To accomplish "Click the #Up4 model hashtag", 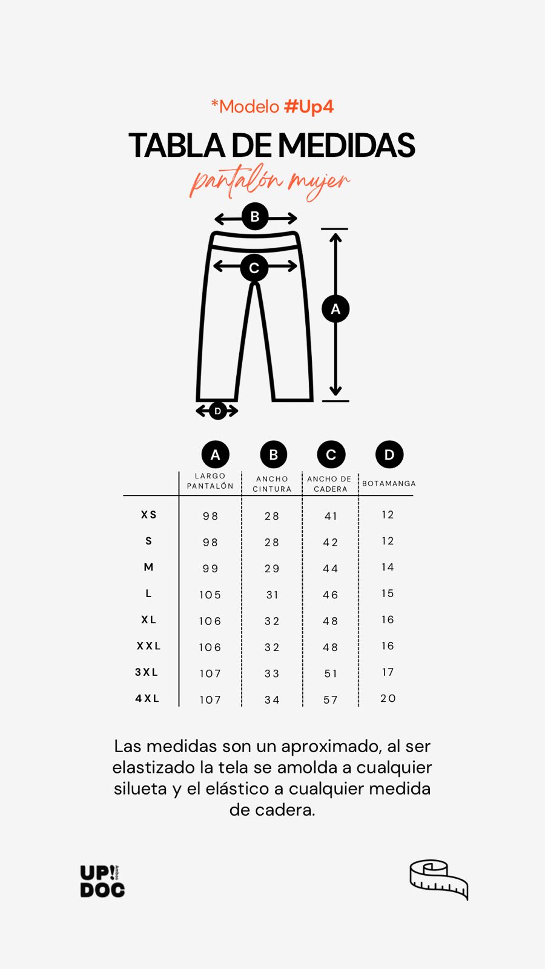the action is pos(309,107).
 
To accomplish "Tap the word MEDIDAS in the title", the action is pos(346,145).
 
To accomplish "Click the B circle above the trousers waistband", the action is pos(255,216).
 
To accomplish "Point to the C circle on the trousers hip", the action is pos(254,268).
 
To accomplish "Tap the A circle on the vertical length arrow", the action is pos(335,309).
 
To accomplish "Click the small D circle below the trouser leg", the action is pos(217,411).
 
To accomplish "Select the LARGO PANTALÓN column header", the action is pos(210,481).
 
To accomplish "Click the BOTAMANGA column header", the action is pos(389,483).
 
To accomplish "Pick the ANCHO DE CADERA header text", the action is pos(329,484).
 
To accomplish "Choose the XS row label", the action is pos(149,515).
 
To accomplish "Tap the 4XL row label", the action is pos(148,698).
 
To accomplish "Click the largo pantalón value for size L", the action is pos(210,595).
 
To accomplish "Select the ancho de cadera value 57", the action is pos(331,700).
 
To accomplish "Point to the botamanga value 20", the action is pos(388,698).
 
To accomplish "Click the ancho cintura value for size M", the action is pos(272,569).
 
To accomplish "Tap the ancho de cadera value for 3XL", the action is pos(331,673).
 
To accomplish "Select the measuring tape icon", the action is pos(439,879).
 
